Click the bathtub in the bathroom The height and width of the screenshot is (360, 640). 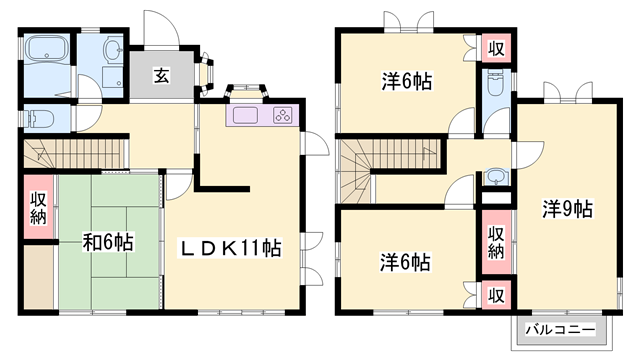pos(46,49)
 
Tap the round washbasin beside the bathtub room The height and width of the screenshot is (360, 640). pos(113,50)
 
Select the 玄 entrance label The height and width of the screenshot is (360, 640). pos(160,75)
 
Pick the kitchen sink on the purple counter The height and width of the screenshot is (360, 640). pos(245,114)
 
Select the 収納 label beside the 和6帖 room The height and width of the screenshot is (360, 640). pos(38,208)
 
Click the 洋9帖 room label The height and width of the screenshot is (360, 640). pos(568,209)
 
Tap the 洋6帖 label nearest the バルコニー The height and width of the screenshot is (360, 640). pos(405,263)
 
